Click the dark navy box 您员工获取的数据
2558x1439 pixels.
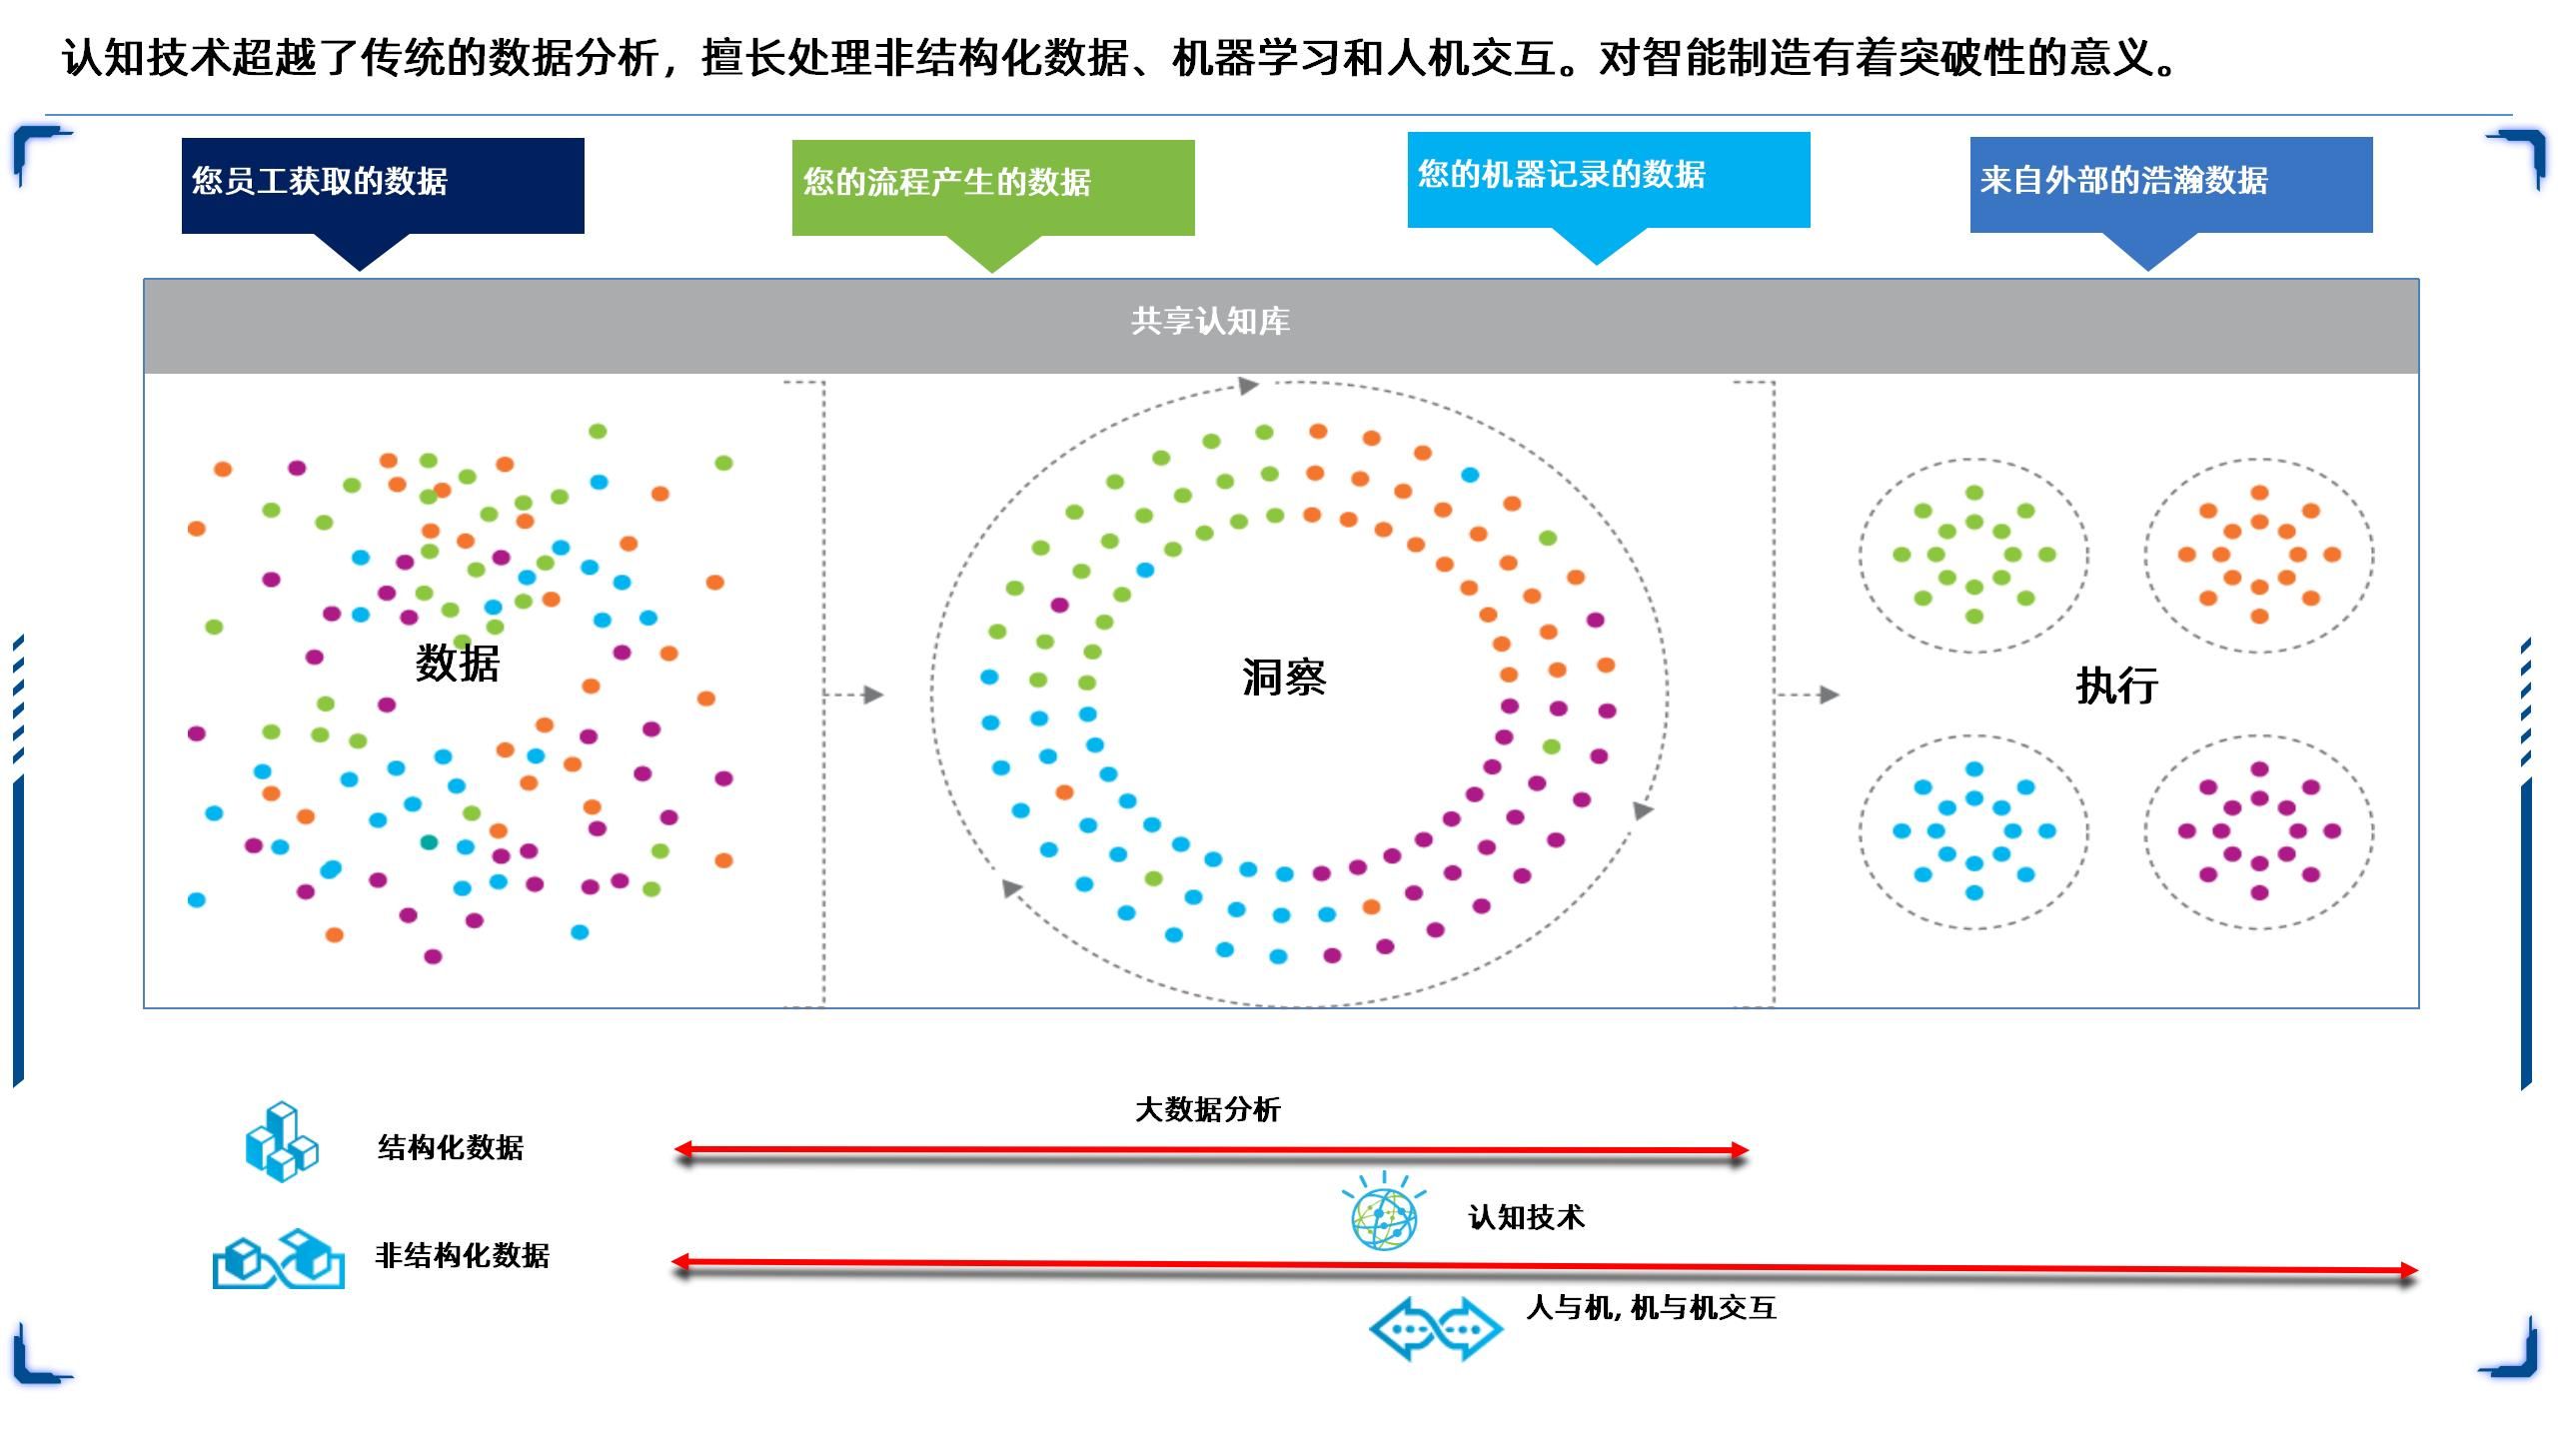[383, 186]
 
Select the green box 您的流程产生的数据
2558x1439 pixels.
[993, 188]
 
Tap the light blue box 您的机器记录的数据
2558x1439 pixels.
[1609, 180]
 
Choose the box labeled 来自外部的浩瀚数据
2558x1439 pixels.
[2171, 185]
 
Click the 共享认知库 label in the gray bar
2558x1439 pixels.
[1210, 322]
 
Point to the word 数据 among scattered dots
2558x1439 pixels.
[458, 664]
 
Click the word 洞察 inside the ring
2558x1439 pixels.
[1284, 679]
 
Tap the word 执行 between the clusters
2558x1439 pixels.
[2116, 687]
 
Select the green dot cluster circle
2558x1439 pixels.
[1973, 555]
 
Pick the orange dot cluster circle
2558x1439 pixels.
[2258, 555]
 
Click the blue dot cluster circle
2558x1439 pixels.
[1973, 830]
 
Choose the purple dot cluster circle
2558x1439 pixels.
[2258, 830]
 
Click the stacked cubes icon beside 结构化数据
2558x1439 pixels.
[282, 1142]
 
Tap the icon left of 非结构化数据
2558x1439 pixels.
[279, 1258]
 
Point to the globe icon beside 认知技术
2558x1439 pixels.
[1384, 1213]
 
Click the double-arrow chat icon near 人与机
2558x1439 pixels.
[1435, 1328]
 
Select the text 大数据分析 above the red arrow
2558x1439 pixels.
[1207, 1109]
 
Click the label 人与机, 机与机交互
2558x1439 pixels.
[1651, 1307]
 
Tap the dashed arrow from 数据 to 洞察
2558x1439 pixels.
[855, 695]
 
